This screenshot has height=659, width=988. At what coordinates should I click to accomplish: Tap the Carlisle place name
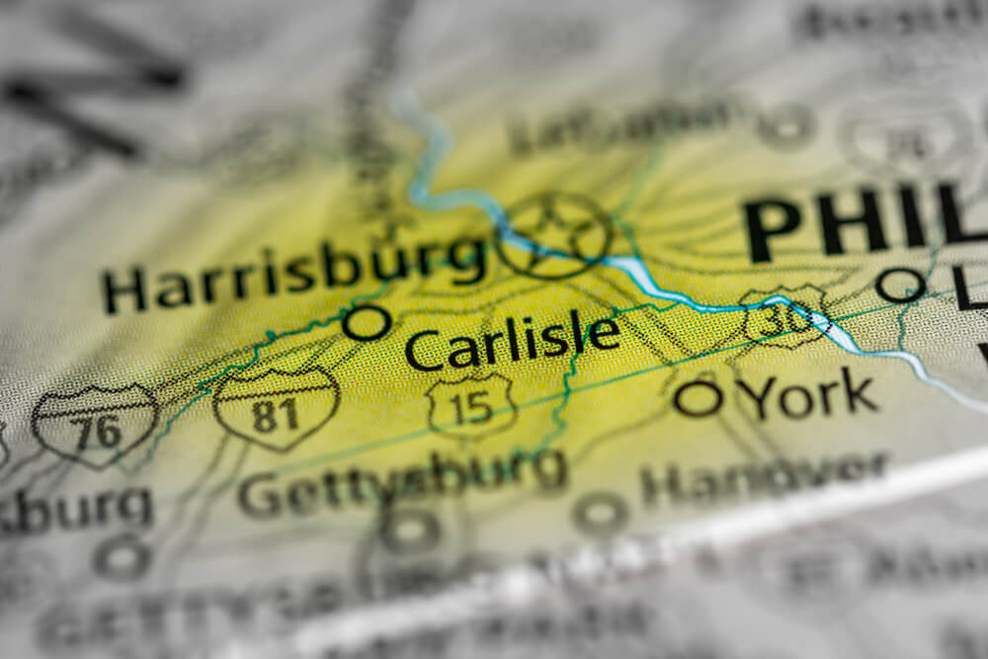coord(513,342)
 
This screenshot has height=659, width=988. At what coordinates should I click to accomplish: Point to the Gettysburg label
coord(403,481)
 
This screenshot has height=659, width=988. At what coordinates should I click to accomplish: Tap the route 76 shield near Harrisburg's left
coord(95,425)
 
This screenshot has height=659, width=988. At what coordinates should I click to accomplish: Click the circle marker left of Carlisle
coord(367,323)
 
